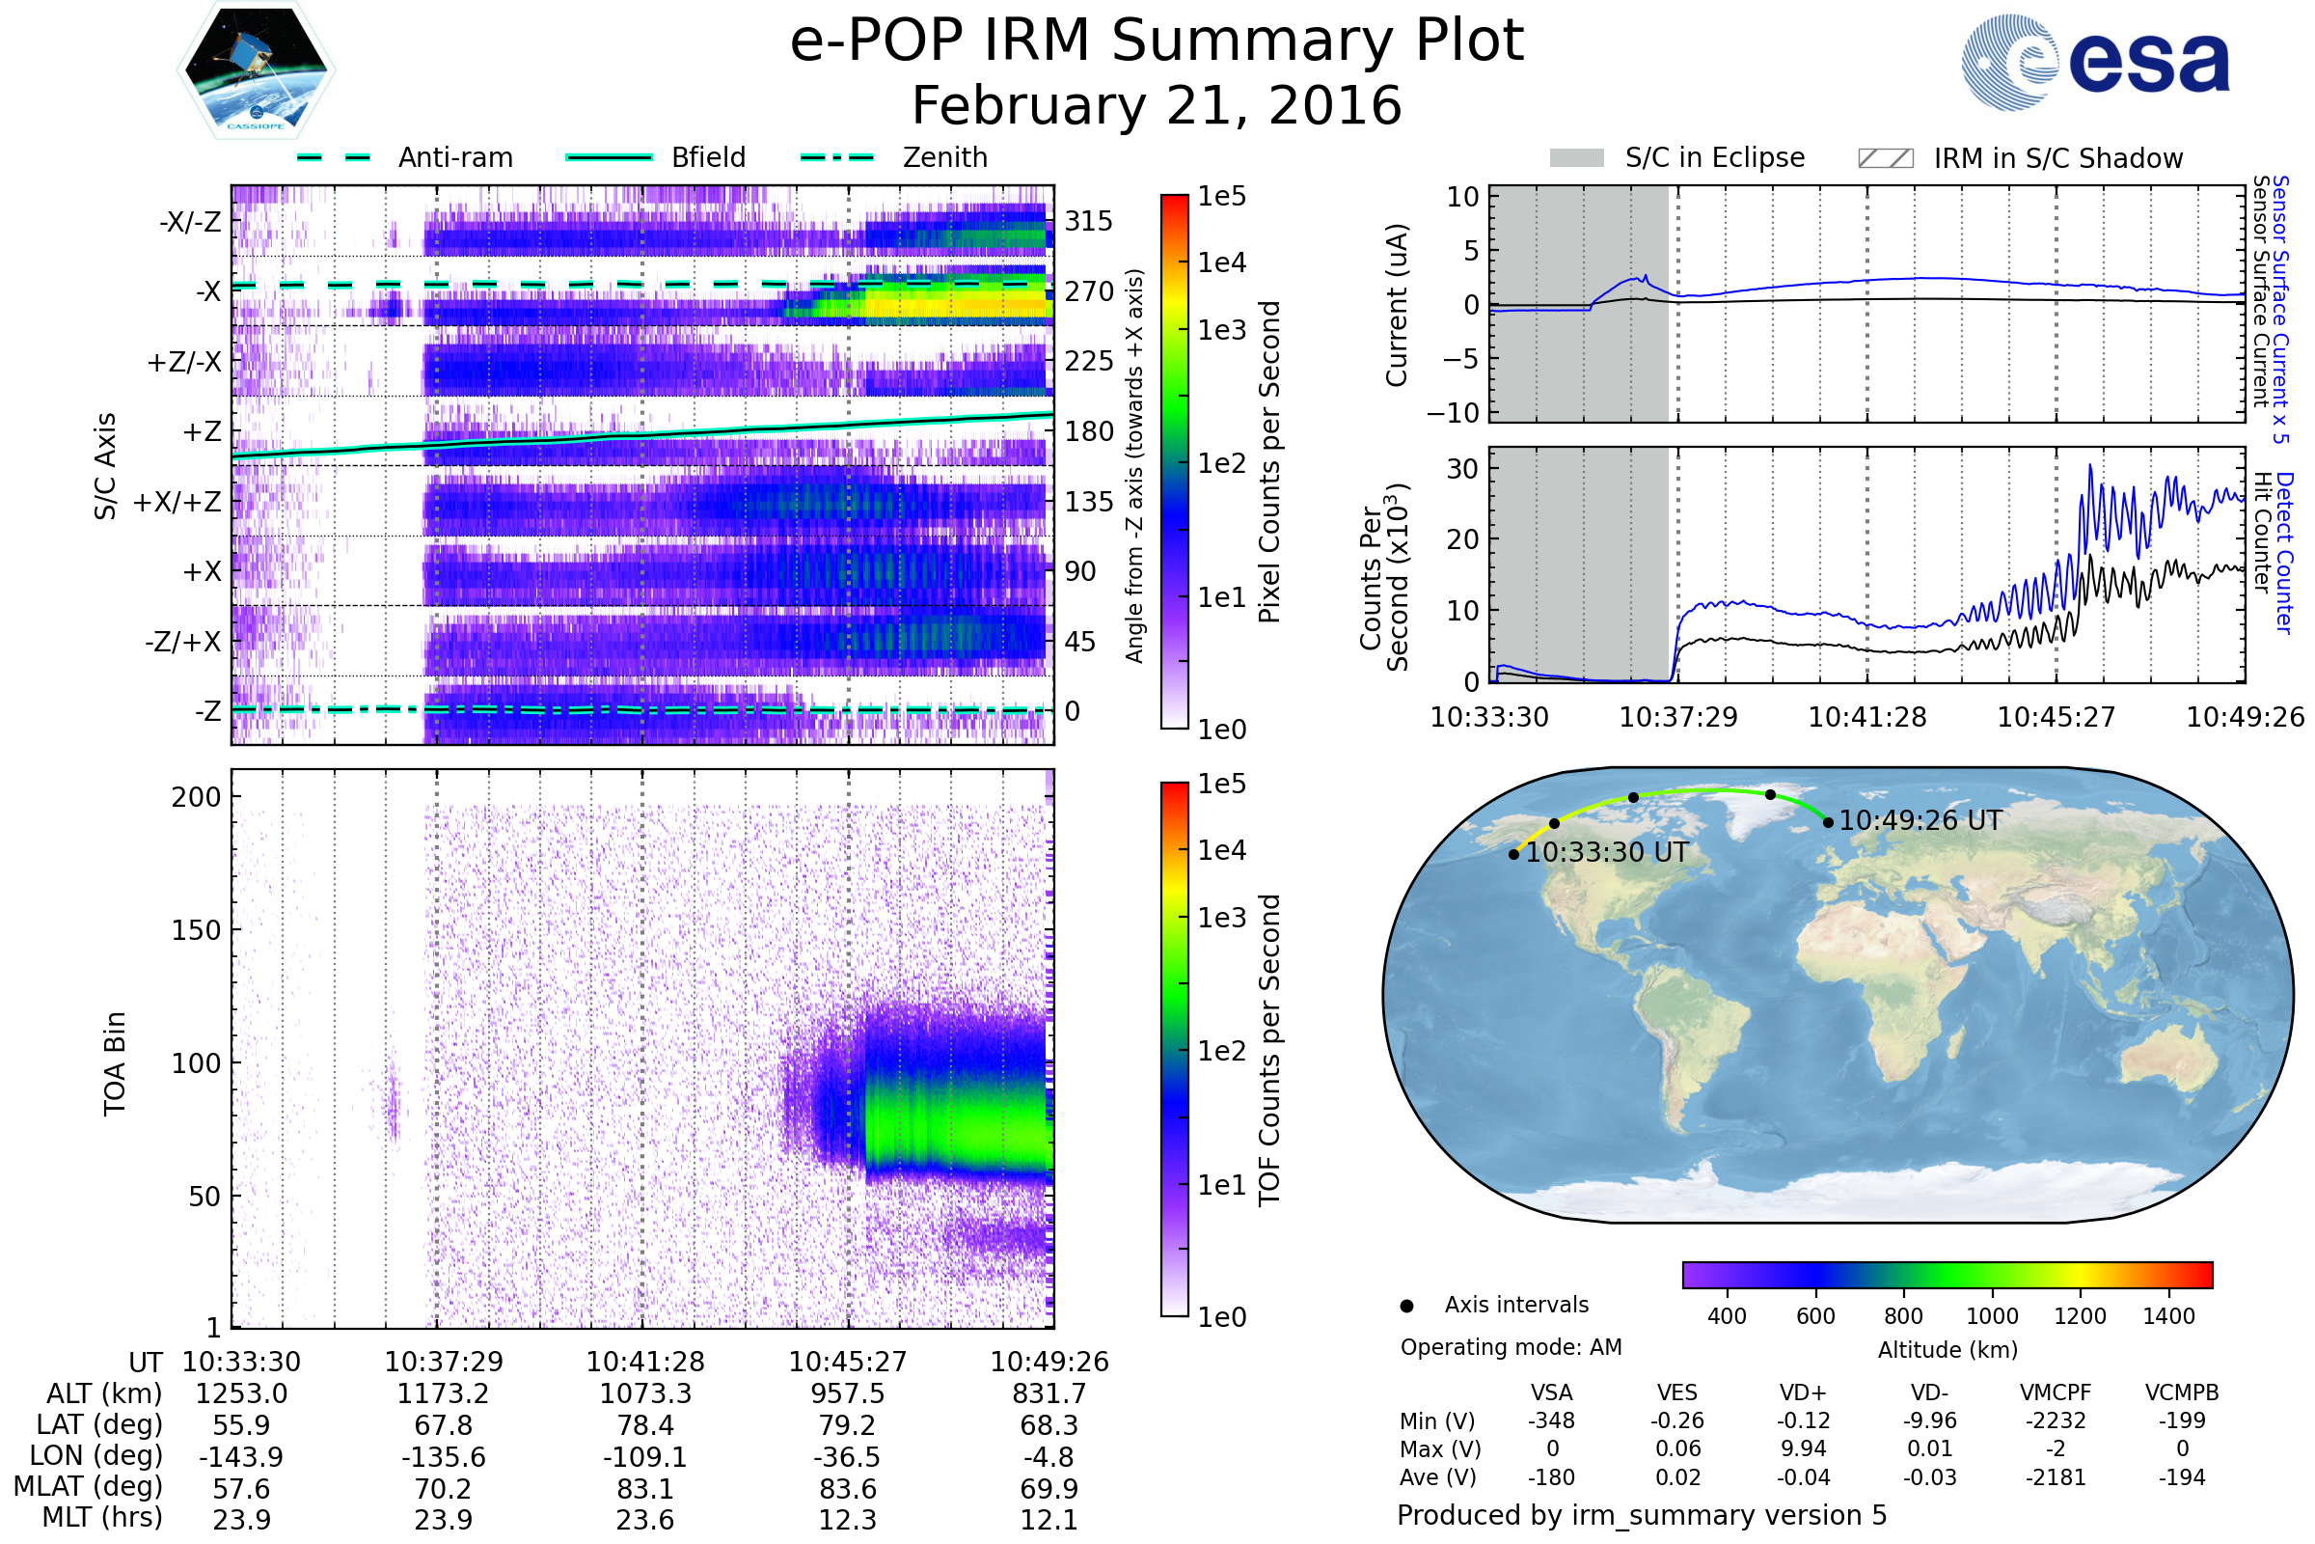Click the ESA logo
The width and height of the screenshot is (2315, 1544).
[2094, 62]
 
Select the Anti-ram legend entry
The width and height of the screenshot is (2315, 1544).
[404, 157]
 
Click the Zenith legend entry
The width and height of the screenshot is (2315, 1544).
[894, 157]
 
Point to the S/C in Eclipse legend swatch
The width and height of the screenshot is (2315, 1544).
[1577, 158]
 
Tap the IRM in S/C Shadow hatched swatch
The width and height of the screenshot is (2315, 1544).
[1886, 158]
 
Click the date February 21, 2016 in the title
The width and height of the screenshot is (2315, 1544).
[1157, 106]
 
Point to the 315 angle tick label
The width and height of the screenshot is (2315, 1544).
[1089, 222]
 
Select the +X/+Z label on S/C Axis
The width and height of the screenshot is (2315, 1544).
[177, 502]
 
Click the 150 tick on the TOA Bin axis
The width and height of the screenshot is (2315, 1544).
[196, 930]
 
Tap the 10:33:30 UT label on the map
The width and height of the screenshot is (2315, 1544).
[1606, 853]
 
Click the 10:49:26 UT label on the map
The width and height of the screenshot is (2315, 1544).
[1920, 820]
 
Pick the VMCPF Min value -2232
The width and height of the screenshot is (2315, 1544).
[2056, 1420]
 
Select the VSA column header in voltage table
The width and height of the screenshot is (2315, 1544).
[1551, 1393]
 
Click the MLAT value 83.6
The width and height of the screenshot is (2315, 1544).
[848, 1489]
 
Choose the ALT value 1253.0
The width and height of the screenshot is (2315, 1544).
[241, 1394]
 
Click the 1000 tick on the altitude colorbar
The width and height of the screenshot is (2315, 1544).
[1992, 1316]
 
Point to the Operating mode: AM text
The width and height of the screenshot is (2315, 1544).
[1511, 1347]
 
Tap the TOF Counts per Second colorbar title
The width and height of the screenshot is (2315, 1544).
[1269, 1050]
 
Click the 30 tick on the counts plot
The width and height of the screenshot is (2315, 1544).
[1462, 469]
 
